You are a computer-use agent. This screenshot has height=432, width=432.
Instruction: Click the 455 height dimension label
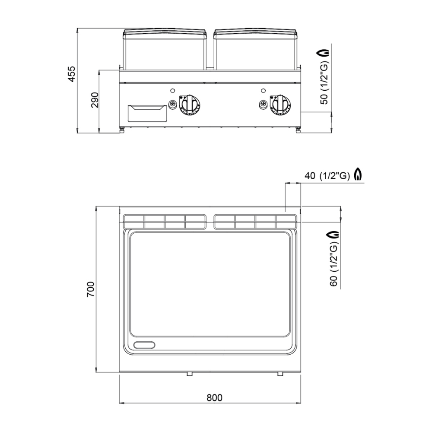click(x=71, y=73)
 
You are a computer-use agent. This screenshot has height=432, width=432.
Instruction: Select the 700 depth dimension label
click(x=91, y=289)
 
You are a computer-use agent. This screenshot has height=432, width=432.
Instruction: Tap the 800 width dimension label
click(x=214, y=397)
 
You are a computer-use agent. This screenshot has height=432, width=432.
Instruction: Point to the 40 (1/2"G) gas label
click(x=327, y=175)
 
